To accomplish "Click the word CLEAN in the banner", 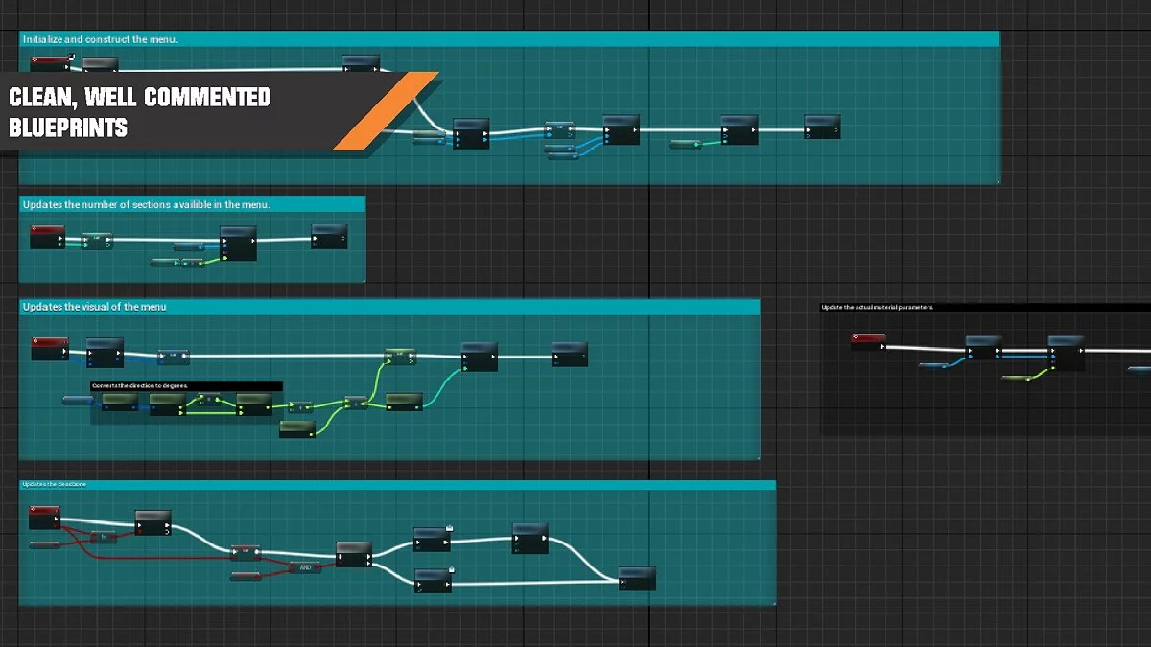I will [x=41, y=97].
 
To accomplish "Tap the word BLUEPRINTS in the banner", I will [x=68, y=127].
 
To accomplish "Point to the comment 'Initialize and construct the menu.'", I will [x=101, y=39].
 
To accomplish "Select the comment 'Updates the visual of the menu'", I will [x=94, y=307].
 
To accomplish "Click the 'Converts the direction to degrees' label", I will [x=140, y=385].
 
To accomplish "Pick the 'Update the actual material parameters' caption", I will [x=877, y=307].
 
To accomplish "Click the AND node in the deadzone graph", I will [x=304, y=567].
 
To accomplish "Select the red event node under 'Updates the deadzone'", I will [x=44, y=518].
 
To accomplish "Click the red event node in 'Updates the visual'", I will [x=50, y=347].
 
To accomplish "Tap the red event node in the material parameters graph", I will [x=868, y=342].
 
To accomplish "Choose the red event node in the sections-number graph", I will [x=47, y=236].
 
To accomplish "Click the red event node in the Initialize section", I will [x=51, y=64].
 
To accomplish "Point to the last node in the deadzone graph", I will [x=637, y=578].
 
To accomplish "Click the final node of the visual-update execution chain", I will [x=570, y=353].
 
